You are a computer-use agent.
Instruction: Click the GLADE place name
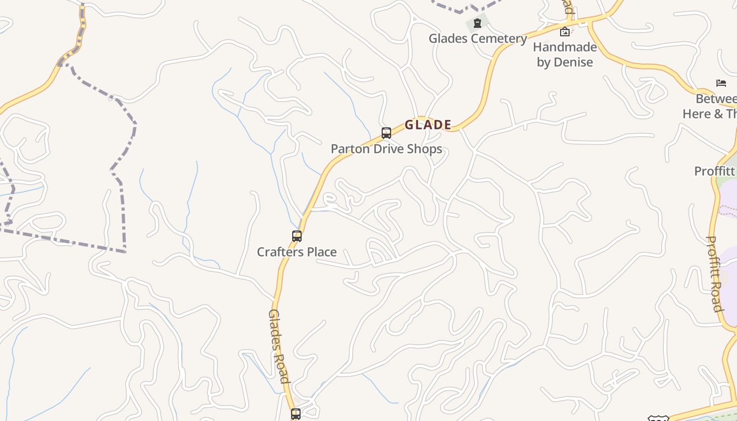(428, 125)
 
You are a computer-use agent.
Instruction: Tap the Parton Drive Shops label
(386, 149)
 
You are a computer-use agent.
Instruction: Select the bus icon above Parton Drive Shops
(386, 133)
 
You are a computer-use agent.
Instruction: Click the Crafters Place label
(297, 252)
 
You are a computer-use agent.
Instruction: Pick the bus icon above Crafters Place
(297, 236)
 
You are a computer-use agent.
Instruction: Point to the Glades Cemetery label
(477, 38)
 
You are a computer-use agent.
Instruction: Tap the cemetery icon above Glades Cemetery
(477, 23)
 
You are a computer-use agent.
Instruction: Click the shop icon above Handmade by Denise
(565, 32)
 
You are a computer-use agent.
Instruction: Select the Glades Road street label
(279, 346)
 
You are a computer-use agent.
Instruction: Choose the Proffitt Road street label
(714, 274)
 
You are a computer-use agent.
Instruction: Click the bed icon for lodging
(721, 83)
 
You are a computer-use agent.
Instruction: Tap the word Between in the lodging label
(716, 99)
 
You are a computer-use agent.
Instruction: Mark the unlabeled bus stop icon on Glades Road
(296, 414)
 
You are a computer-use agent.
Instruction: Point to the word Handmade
(565, 47)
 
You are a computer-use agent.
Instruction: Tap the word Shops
(423, 149)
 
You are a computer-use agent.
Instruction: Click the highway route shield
(658, 418)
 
